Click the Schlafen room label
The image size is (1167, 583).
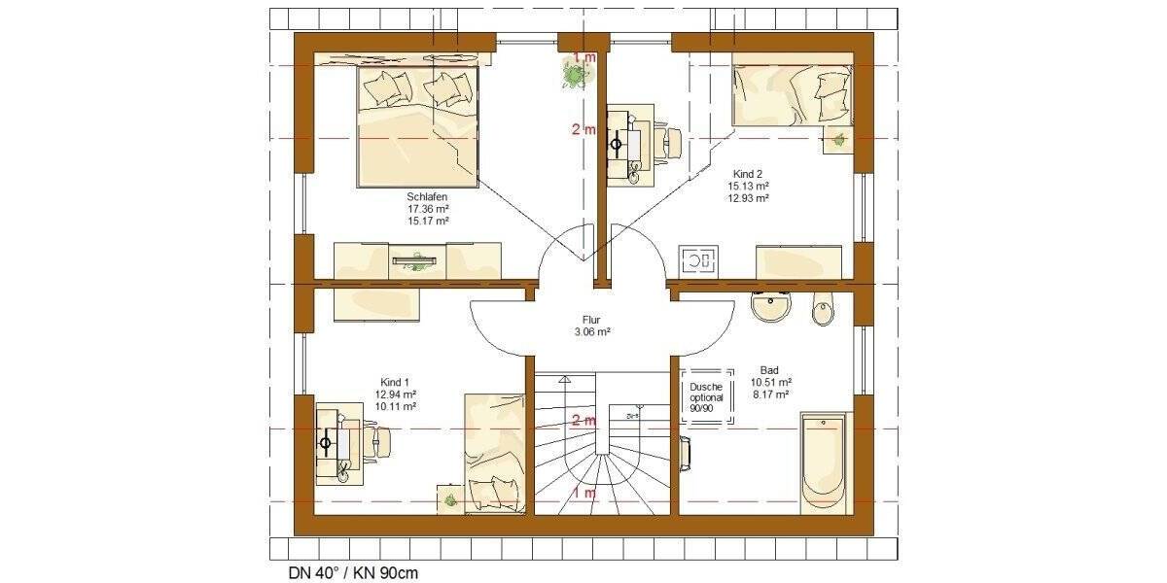tap(428, 195)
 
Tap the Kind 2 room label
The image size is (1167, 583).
tap(749, 172)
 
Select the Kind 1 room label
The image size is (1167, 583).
tap(396, 382)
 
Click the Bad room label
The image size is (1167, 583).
tap(769, 370)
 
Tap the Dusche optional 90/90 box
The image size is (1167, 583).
tap(707, 397)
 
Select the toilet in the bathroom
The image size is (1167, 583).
tap(823, 310)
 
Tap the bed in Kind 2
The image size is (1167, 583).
tap(793, 95)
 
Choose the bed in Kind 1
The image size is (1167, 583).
tap(495, 452)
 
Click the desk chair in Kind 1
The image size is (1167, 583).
tap(380, 443)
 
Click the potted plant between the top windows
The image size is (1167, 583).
tap(575, 72)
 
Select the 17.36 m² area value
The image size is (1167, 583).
tap(428, 208)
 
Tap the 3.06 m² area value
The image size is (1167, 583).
tap(592, 331)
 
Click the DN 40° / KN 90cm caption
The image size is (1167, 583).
tap(347, 572)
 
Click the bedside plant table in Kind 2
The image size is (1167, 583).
tap(835, 140)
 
